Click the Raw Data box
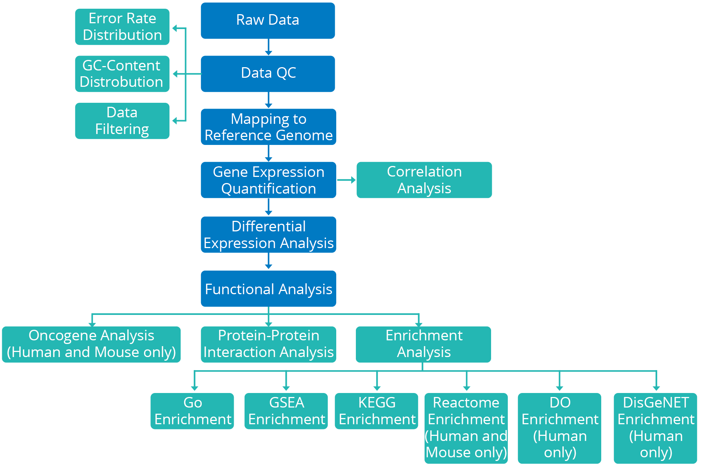tap(268, 20)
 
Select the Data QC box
tap(268, 73)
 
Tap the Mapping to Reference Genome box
tap(268, 127)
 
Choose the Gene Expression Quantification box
tap(268, 180)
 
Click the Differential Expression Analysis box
tap(268, 235)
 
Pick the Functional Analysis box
tap(268, 289)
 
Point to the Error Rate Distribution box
tap(122, 27)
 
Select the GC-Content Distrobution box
tap(122, 74)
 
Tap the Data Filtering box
tap(122, 121)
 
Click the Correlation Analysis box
tap(424, 180)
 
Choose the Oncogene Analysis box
tap(91, 344)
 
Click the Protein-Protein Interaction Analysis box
tap(268, 344)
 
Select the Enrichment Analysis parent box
tap(423, 344)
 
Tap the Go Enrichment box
tap(192, 411)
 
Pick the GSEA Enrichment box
tap(286, 411)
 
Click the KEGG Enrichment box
tap(377, 411)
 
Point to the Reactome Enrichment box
tap(466, 428)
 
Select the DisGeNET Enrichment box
tap(655, 428)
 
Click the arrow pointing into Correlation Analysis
tap(346, 180)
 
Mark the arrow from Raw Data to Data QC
tap(268, 47)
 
